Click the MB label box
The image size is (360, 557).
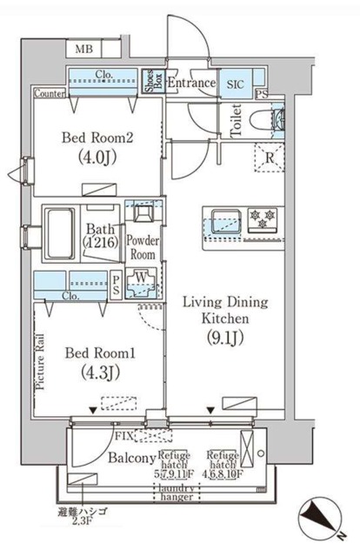83,50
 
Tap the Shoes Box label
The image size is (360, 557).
150,83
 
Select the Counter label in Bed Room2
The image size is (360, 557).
50,92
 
